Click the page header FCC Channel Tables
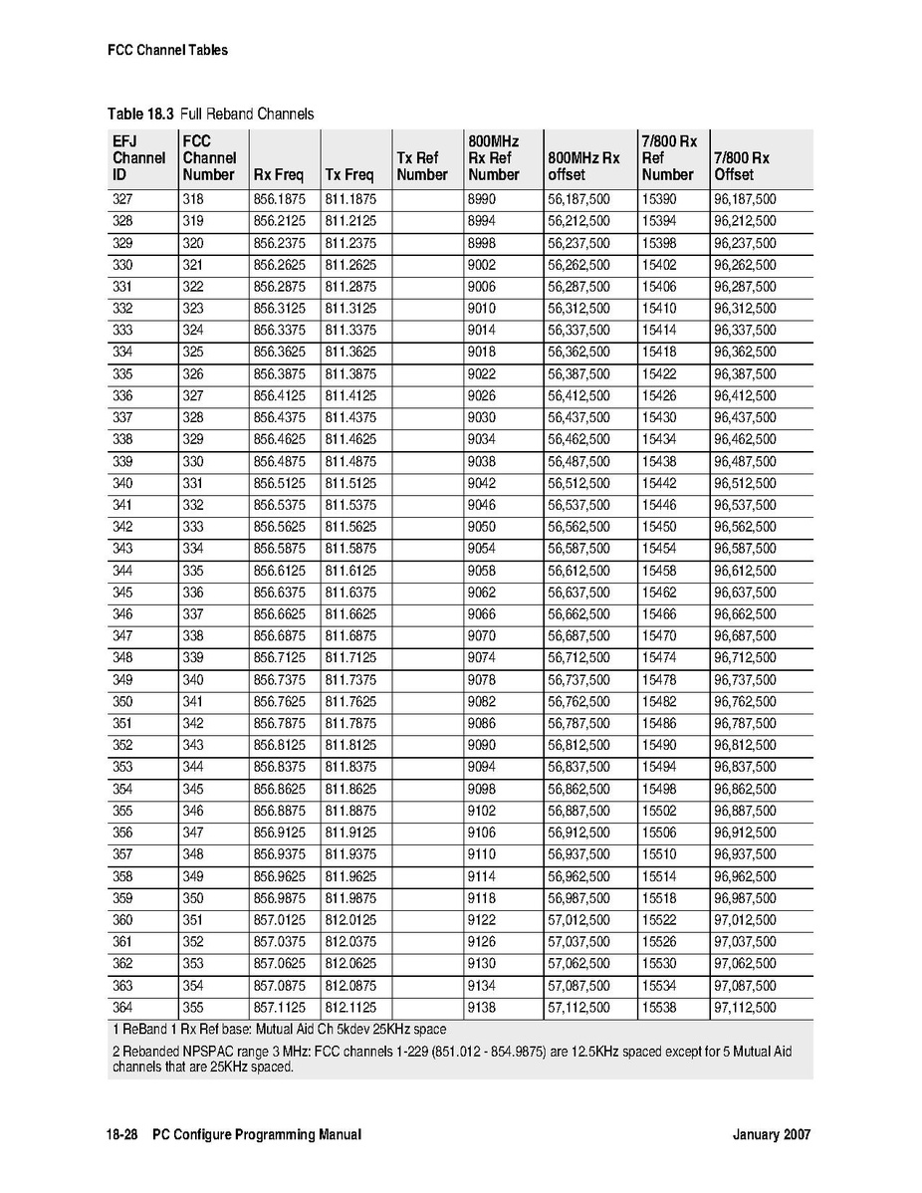(167, 50)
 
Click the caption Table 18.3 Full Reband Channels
(210, 114)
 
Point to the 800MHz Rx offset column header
(583, 166)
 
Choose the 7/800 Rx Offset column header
(741, 166)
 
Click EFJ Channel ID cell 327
(122, 199)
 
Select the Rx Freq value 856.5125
(279, 483)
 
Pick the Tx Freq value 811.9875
(350, 898)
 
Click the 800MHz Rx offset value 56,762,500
(578, 701)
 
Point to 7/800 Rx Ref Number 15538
(659, 1008)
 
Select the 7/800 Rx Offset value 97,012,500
(745, 920)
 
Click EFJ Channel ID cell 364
(122, 1008)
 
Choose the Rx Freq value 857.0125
(279, 920)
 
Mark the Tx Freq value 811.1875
(350, 199)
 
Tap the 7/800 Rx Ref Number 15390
(659, 199)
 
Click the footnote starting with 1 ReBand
(278, 1029)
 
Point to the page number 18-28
(122, 1134)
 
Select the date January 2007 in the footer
(771, 1134)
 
